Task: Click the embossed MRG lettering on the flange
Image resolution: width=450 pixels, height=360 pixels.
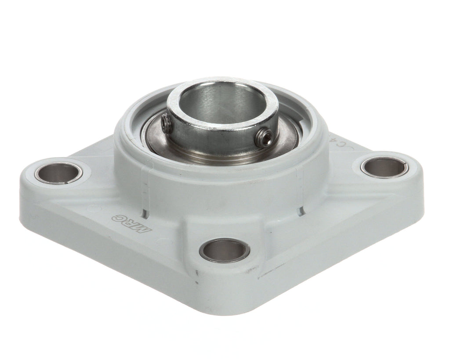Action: click(130, 222)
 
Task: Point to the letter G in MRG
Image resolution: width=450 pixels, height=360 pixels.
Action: click(119, 217)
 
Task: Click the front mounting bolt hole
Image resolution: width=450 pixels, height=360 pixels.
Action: click(224, 250)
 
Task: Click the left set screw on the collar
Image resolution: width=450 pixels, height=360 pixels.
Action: click(165, 122)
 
